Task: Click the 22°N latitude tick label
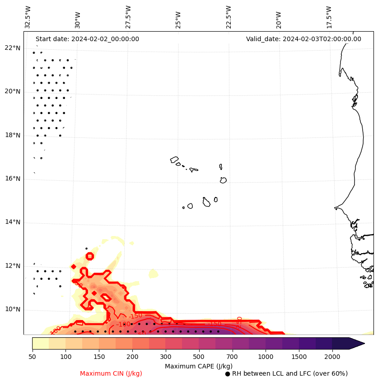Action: tap(13, 48)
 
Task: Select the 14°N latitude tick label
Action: tap(13, 222)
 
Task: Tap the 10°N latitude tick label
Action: tap(13, 310)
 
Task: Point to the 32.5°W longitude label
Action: tap(28, 17)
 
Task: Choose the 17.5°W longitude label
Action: tap(329, 17)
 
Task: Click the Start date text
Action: tap(87, 39)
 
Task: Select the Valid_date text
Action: tap(303, 39)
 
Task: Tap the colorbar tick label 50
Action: tap(32, 357)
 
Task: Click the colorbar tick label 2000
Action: tap(332, 357)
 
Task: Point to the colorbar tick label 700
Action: tap(233, 357)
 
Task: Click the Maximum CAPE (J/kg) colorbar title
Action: tap(198, 366)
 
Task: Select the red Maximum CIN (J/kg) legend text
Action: tap(111, 374)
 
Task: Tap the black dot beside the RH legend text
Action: tap(228, 374)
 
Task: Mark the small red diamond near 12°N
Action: tap(74, 267)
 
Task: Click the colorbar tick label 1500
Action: tap(299, 357)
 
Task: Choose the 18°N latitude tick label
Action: tap(13, 135)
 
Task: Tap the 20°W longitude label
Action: tap(279, 17)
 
